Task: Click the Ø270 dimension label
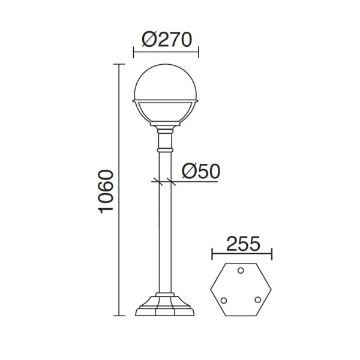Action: tap(167, 40)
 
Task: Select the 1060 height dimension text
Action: tap(106, 192)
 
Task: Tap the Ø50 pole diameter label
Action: tap(201, 171)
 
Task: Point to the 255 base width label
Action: tap(243, 244)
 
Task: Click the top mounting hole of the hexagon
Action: tap(241, 271)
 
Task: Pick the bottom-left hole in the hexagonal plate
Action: tap(224, 301)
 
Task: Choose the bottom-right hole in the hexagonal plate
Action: tap(258, 299)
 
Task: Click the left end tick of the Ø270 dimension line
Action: tap(133, 52)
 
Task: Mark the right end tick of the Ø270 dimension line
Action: tap(199, 52)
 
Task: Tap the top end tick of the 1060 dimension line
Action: tap(119, 64)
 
